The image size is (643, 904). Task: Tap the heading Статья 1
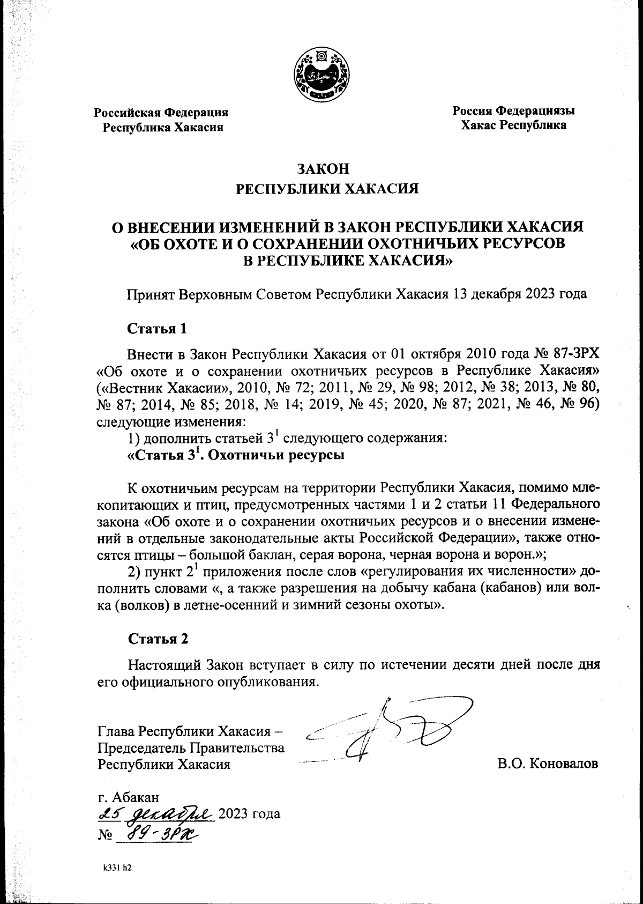(x=156, y=328)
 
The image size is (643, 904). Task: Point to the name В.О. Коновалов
(x=548, y=763)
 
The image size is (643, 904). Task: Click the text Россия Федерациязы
(x=514, y=111)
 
